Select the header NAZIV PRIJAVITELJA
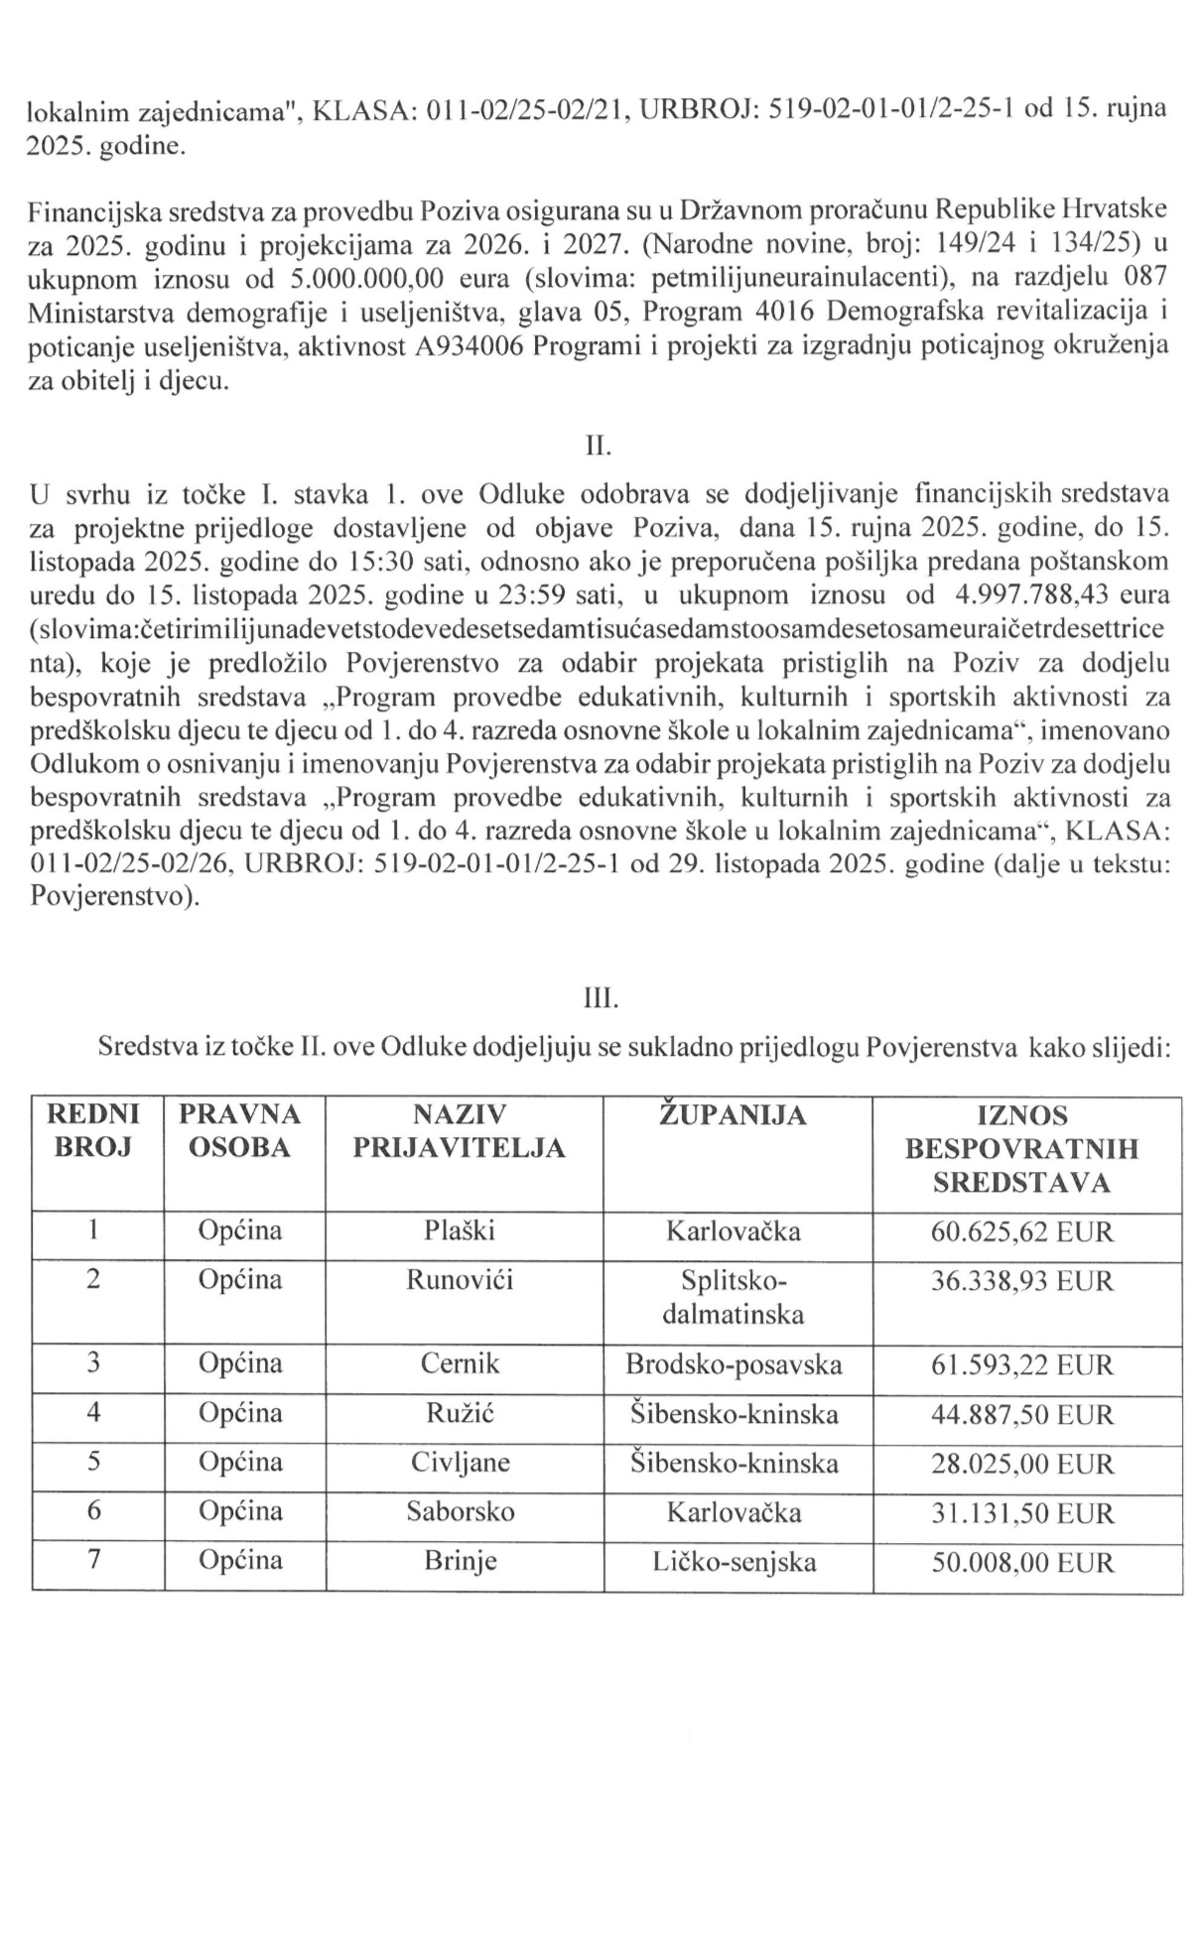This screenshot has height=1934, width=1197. coord(460,1132)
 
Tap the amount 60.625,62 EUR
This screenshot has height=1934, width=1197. coord(1022,1232)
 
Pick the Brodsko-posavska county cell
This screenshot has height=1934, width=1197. coord(733,1364)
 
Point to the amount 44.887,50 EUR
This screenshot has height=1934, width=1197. coord(1022,1414)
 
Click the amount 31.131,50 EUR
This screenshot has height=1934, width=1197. coord(1022,1513)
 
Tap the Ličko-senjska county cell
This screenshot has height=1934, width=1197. coord(733,1563)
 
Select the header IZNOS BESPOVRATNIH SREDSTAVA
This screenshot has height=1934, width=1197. coord(1022,1149)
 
